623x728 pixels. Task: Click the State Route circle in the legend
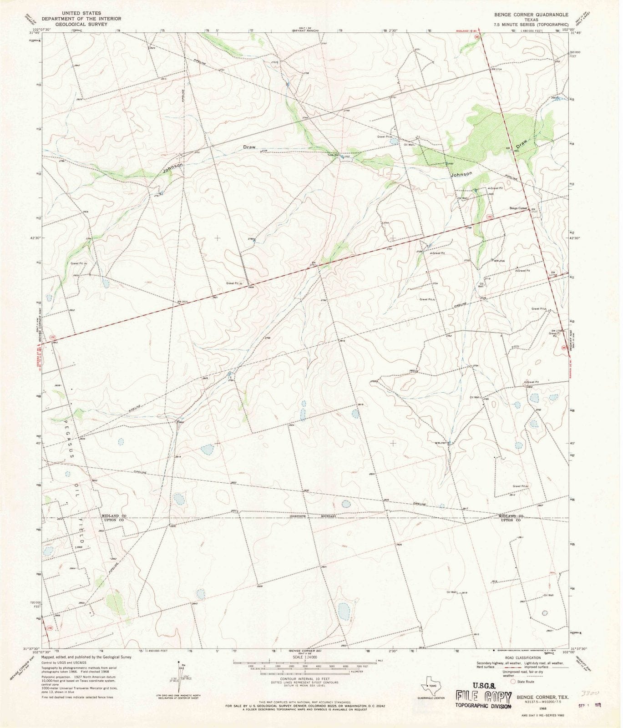point(514,682)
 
